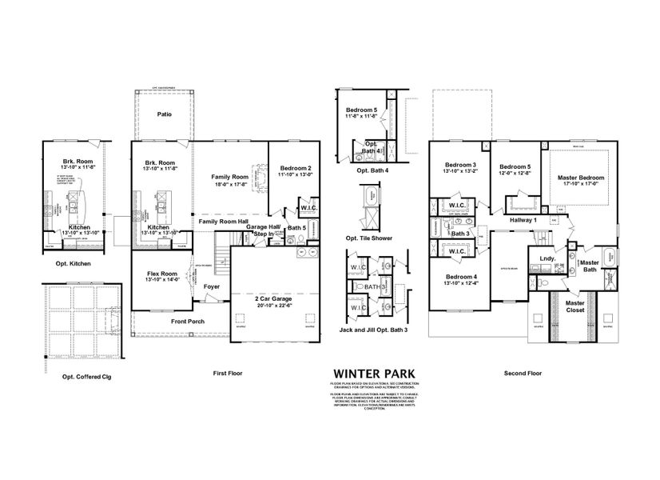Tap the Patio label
click(x=165, y=114)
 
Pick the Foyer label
click(x=212, y=286)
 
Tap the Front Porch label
click(x=187, y=322)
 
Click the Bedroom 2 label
click(x=294, y=169)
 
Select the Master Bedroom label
click(x=580, y=177)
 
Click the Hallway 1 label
click(x=524, y=219)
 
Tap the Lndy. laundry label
click(x=547, y=259)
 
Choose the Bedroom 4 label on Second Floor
click(x=459, y=277)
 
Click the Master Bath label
click(x=590, y=266)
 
